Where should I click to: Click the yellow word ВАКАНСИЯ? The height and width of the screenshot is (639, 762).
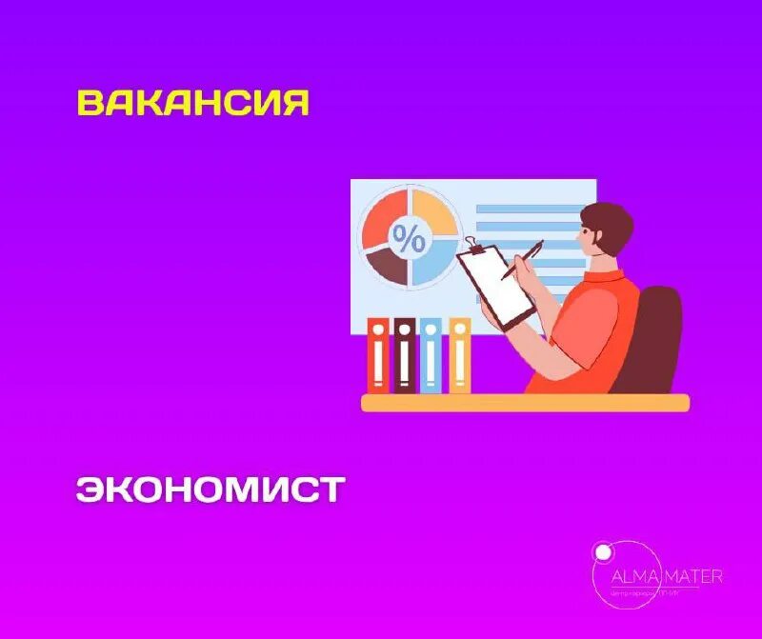(193, 104)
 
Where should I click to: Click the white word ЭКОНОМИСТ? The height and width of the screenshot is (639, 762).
(210, 489)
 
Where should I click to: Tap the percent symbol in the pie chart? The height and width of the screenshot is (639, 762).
(410, 240)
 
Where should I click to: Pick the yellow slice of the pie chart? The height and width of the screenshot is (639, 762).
(433, 213)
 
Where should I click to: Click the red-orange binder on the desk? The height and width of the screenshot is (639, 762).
(378, 355)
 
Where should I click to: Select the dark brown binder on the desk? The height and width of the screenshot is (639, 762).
(404, 355)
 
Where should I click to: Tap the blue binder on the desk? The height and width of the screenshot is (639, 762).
(431, 355)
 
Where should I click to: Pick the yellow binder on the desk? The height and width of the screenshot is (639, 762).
(459, 355)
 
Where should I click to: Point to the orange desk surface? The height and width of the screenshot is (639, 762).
(524, 403)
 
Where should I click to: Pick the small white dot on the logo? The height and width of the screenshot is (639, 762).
(601, 550)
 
